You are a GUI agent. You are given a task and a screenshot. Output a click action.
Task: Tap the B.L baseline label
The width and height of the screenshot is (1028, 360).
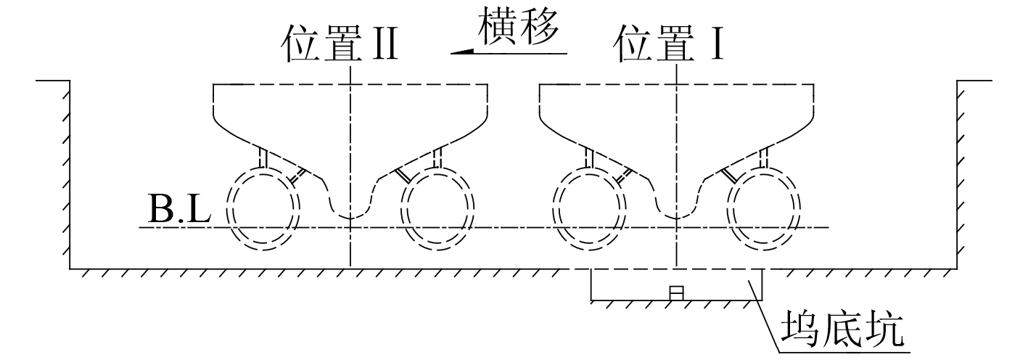(179, 210)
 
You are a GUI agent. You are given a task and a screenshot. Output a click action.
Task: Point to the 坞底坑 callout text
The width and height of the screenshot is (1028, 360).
(842, 331)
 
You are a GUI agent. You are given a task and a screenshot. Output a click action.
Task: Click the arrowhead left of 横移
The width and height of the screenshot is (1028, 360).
(461, 51)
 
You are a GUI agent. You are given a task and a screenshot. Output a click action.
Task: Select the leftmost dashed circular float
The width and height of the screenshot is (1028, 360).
(264, 209)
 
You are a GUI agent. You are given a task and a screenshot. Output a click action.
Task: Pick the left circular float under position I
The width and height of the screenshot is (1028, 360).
(589, 209)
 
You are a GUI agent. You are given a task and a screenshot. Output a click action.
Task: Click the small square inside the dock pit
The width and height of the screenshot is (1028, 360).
(676, 293)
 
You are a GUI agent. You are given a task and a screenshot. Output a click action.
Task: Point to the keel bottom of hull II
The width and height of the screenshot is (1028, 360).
(351, 216)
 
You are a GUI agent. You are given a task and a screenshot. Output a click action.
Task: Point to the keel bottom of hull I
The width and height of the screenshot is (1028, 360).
(676, 216)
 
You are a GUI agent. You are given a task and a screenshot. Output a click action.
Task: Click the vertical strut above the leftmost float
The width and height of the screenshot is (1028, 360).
(264, 158)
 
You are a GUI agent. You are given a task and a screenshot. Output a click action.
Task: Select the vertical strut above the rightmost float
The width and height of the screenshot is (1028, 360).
(763, 158)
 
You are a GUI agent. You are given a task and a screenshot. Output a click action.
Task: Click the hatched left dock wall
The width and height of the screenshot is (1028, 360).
(66, 174)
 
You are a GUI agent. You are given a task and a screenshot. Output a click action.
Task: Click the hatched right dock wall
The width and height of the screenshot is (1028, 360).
(962, 174)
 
